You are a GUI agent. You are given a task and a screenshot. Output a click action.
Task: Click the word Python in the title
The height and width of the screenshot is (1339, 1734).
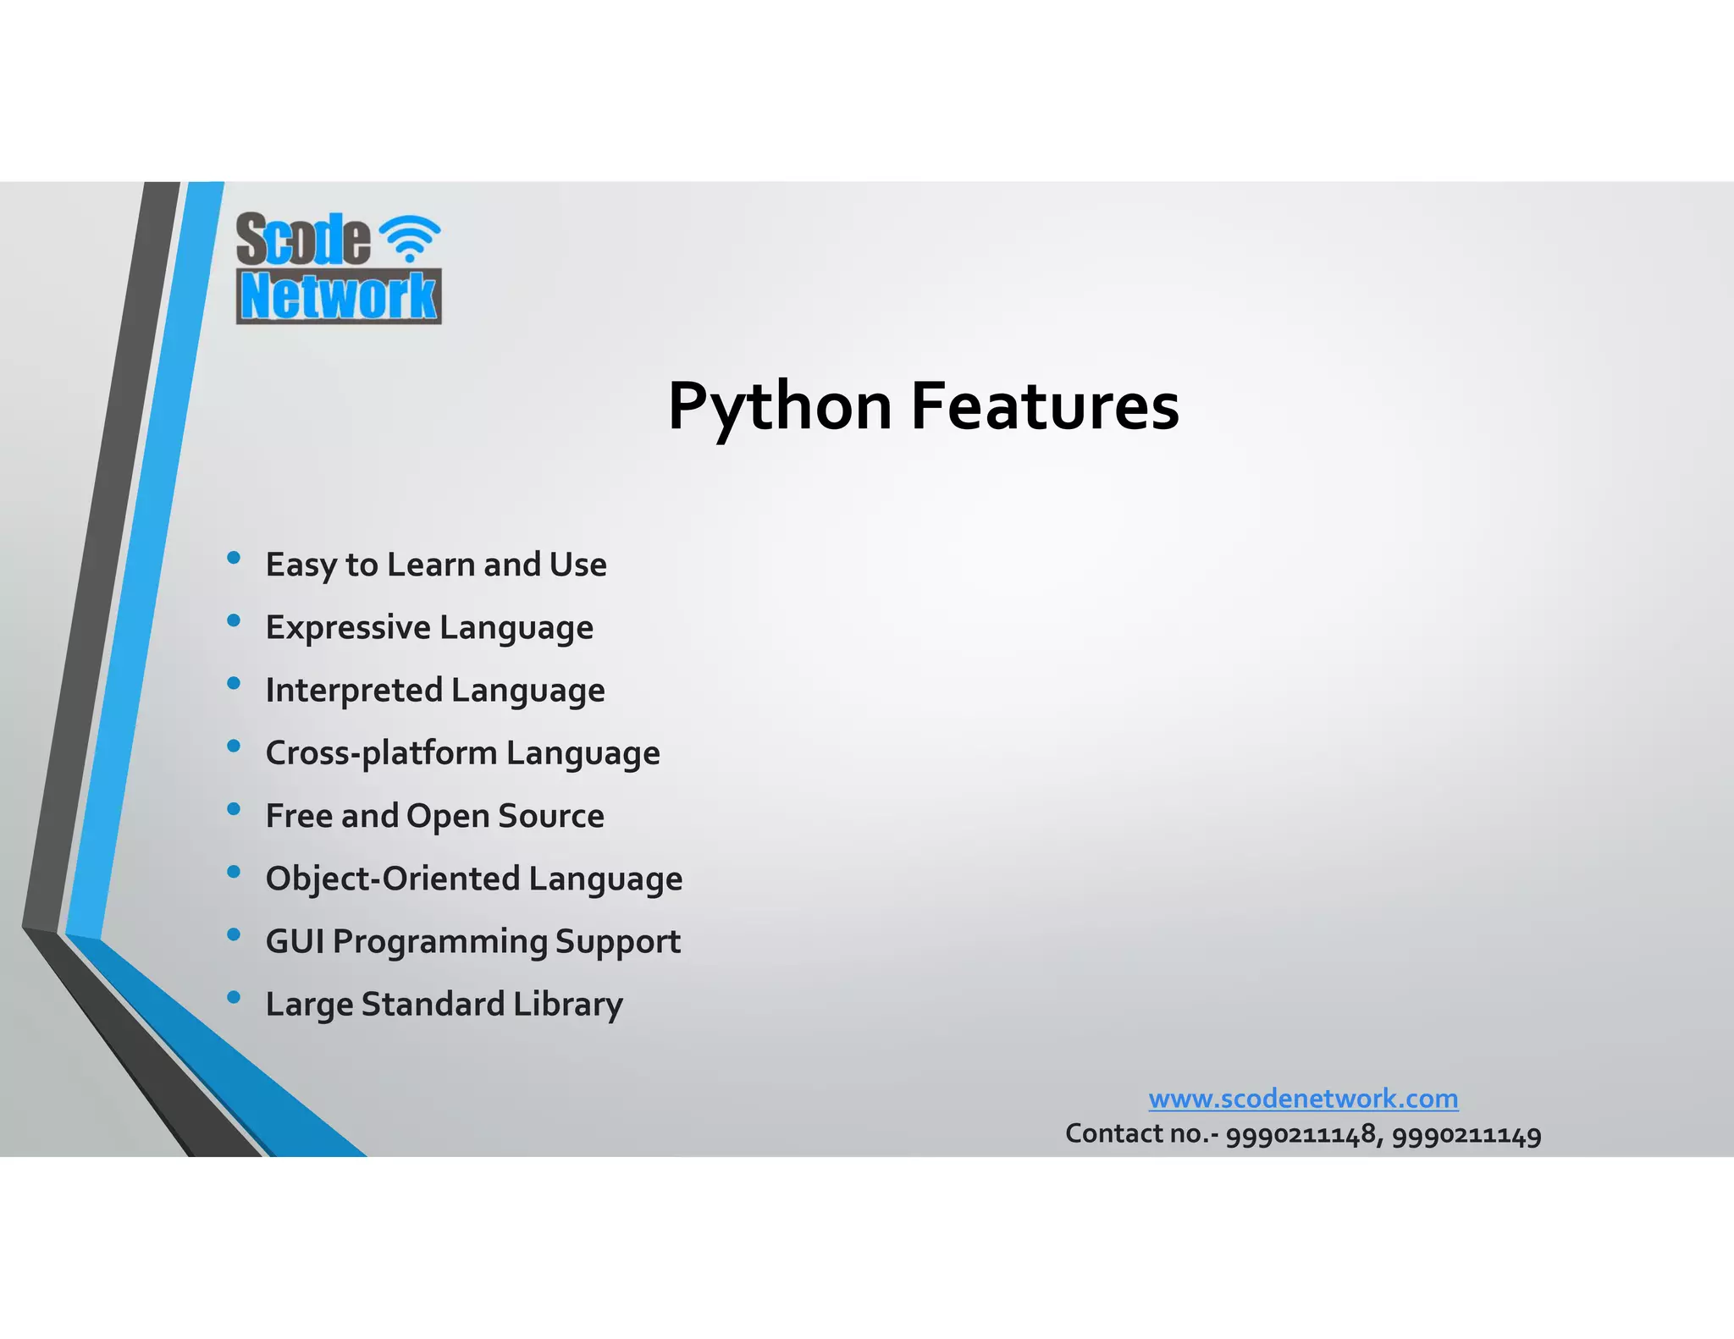pos(779,407)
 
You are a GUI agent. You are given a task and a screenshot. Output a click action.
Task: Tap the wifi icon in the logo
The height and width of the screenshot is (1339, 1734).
pos(409,237)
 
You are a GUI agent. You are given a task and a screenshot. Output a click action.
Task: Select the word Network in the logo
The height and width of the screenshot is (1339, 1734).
pos(339,296)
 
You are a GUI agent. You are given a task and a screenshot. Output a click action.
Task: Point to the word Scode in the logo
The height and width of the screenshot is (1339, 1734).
pos(302,239)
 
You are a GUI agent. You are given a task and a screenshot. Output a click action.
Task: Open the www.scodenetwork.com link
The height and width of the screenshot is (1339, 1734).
pos(1303,1099)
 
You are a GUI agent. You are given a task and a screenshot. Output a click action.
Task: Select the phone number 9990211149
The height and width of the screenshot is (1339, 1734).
pos(1466,1134)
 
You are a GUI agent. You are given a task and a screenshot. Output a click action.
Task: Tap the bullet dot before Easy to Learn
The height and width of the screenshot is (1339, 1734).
pos(235,558)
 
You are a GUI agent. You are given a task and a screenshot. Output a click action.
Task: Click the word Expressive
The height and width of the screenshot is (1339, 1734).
pos(348,628)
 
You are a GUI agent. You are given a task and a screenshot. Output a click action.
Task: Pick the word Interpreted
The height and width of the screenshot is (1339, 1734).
pos(353,691)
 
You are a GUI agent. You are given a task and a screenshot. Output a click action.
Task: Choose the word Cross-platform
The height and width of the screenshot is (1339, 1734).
pos(381,753)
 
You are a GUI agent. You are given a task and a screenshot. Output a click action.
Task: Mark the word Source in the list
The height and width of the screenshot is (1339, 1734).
pos(551,816)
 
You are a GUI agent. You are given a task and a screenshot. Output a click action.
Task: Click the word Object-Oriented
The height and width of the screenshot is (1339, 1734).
pos(392,879)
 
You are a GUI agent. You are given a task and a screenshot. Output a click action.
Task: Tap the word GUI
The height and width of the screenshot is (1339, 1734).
pos(295,941)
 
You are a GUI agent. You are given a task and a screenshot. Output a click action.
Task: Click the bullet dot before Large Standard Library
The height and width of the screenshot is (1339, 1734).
pos(235,997)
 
